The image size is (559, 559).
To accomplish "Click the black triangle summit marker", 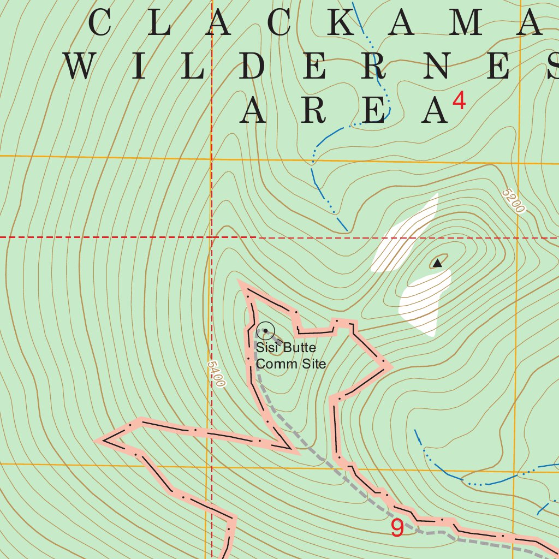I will coord(437,264).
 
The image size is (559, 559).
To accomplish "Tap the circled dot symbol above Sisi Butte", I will coord(265,331).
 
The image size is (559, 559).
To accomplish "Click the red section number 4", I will coord(459,101).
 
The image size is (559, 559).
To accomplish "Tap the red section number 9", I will coord(397,528).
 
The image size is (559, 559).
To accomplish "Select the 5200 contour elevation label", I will coord(513,201).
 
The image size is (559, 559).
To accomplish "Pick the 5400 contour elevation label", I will coord(216,373).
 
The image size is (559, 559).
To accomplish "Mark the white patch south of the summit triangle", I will coord(426,303).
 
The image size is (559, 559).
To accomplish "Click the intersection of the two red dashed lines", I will coord(212,237).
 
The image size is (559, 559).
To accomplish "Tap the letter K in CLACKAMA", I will coord(346,23).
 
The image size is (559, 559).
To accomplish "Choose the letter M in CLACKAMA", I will coord(469,23).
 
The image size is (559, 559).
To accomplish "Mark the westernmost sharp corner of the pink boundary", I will coord(98,440).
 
